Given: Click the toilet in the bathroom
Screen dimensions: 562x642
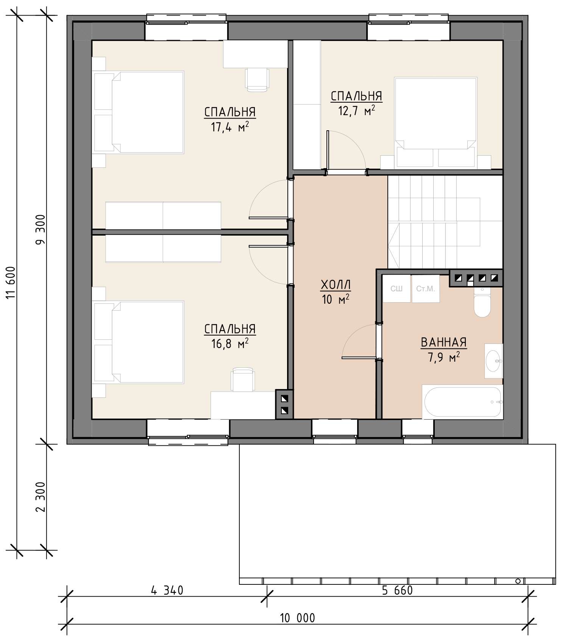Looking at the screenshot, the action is (x=482, y=303).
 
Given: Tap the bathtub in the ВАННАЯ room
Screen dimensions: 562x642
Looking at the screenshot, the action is (x=463, y=402).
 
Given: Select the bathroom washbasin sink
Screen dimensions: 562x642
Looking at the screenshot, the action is (x=494, y=361).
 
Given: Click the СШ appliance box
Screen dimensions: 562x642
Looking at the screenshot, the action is (x=397, y=289).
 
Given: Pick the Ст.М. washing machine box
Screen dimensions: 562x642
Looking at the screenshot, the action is (x=426, y=289).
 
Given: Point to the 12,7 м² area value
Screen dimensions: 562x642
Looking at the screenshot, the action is (x=356, y=111).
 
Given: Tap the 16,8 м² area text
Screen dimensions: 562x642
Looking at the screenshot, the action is (x=230, y=344).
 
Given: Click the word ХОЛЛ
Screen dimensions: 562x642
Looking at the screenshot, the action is (x=336, y=284).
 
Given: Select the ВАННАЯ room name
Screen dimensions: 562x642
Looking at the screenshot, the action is (x=444, y=342).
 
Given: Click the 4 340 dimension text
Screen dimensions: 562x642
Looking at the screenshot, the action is (x=167, y=590).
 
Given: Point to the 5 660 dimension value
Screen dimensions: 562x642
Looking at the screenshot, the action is (x=397, y=590).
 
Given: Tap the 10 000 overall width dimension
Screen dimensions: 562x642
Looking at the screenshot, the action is (x=297, y=618).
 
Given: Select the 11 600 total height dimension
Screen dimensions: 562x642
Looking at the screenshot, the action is (x=11, y=282).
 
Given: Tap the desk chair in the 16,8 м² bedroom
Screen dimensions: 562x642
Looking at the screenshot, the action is (x=243, y=379).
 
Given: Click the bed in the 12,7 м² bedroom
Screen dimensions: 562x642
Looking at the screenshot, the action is (x=436, y=123).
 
